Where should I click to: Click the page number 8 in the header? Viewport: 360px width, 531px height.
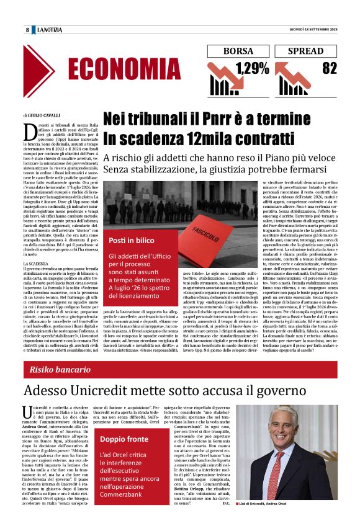pyautogui.click(x=27, y=30)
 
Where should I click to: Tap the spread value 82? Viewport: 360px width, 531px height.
pyautogui.click(x=329, y=69)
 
